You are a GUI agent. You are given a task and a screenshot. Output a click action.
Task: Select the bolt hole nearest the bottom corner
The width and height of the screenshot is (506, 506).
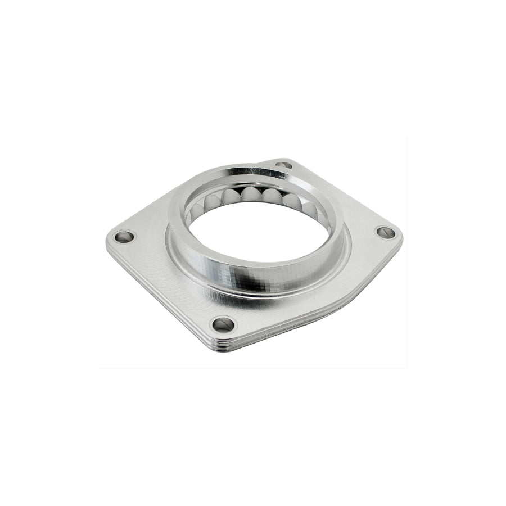224,324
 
